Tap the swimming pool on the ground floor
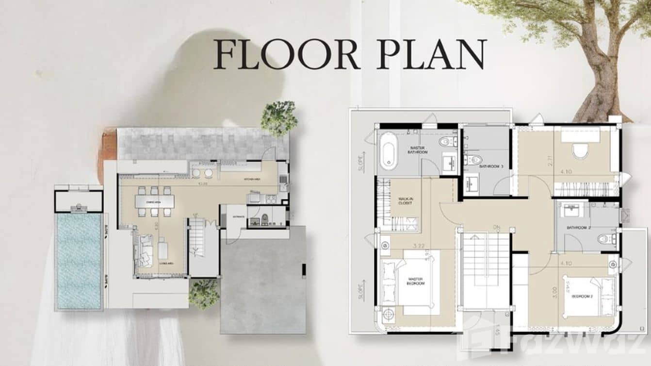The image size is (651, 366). point(79,261)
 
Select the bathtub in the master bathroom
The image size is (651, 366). point(389,152)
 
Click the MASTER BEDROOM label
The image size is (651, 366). point(416,281)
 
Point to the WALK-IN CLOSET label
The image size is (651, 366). point(405,200)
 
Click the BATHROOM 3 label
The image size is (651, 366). point(491,166)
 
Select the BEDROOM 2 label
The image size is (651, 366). point(581,296)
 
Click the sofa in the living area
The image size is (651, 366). point(144,250)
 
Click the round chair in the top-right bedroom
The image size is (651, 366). point(580,150)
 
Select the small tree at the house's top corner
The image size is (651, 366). point(279,118)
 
